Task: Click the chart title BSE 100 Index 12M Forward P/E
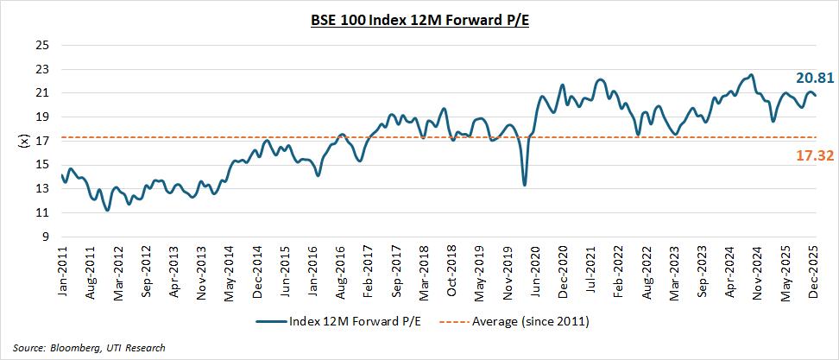419,17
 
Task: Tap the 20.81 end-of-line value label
814,78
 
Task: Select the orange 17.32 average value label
814,155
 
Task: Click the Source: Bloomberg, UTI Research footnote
90,348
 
